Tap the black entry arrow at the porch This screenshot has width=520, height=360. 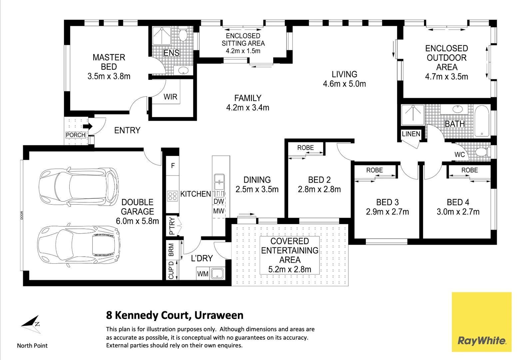point(88,126)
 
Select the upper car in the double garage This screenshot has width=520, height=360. point(79,187)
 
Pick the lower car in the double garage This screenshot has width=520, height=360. point(79,245)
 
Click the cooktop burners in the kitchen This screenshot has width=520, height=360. point(173,196)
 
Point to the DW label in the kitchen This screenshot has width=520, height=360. point(219,201)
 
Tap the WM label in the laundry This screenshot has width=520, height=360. point(203,274)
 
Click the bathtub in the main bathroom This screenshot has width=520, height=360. point(482,121)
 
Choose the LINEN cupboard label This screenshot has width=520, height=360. point(411,134)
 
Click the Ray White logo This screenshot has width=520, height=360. point(481,322)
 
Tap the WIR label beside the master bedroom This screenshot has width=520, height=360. point(170,97)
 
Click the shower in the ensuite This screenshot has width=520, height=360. point(162,36)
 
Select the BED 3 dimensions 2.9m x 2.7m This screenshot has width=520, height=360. point(387,212)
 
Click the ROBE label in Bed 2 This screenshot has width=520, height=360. point(305,148)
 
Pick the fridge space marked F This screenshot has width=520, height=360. point(173,166)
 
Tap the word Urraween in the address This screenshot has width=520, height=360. point(219,315)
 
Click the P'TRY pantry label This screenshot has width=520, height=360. point(172,226)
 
